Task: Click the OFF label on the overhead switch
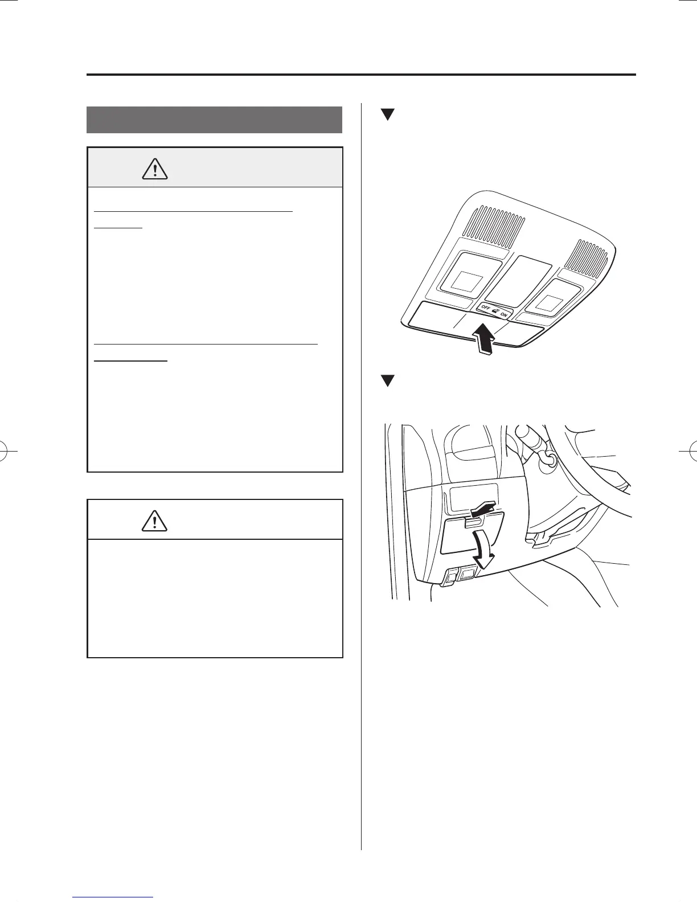[x=485, y=307]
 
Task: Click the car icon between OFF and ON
[x=495, y=310]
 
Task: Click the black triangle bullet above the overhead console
[x=388, y=114]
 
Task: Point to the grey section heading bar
[x=214, y=120]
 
